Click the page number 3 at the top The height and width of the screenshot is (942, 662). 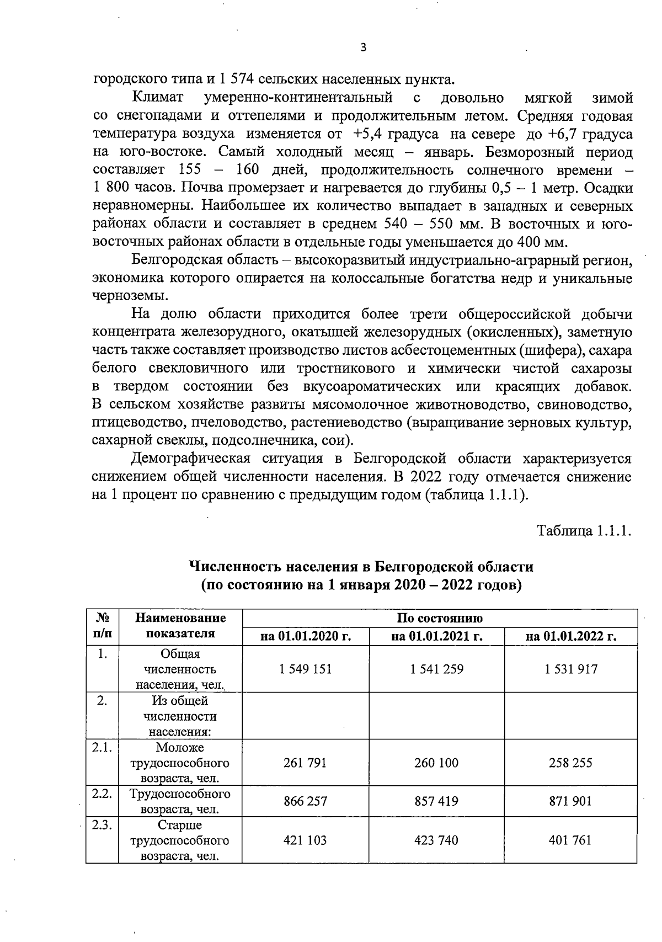(362, 47)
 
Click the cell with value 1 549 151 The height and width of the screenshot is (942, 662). (305, 669)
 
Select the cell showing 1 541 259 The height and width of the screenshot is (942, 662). (436, 669)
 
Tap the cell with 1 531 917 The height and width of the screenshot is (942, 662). (570, 669)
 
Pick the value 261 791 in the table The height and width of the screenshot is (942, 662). (305, 763)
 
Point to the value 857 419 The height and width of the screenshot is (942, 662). (436, 801)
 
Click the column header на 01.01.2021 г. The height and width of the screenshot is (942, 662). (436, 636)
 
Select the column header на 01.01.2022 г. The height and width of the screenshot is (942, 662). (570, 636)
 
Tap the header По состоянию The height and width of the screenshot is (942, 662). (439, 618)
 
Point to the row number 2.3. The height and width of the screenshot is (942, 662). (102, 825)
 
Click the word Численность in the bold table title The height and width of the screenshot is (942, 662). (235, 567)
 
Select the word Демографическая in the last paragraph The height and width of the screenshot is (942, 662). (190, 459)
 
